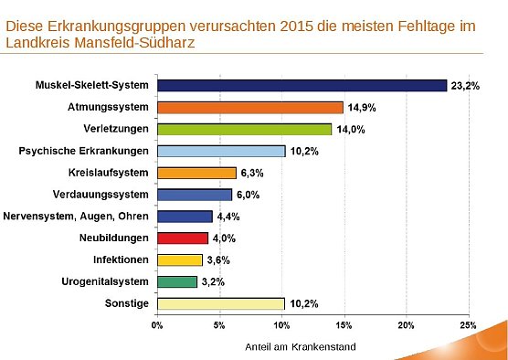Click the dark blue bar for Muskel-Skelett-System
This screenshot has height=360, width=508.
(x=302, y=85)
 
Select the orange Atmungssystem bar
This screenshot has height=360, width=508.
(x=249, y=107)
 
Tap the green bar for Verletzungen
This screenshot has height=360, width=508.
(x=244, y=129)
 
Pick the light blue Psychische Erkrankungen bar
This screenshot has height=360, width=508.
(x=221, y=151)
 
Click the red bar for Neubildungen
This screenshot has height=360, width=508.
(x=183, y=238)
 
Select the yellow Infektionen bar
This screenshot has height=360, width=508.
(x=179, y=259)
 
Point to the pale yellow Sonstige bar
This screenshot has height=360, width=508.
(x=221, y=303)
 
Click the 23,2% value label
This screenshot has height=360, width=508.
(x=462, y=86)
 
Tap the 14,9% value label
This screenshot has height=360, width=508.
(x=360, y=108)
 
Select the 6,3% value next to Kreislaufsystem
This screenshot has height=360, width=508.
(x=251, y=173)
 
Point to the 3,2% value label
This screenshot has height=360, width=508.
(x=212, y=282)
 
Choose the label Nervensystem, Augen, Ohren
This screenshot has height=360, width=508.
(x=91, y=217)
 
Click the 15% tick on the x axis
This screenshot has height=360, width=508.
(x=344, y=324)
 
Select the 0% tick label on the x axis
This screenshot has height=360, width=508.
(x=157, y=324)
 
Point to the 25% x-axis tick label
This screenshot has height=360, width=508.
(x=468, y=324)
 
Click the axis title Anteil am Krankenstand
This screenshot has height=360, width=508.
(x=299, y=347)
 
